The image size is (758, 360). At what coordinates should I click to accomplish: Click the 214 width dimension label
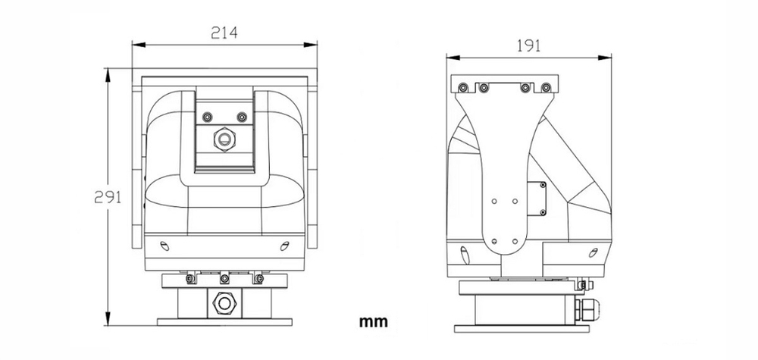point(224,33)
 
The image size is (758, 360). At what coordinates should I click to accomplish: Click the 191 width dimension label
point(528,45)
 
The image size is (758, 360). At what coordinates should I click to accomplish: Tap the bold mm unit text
point(373,321)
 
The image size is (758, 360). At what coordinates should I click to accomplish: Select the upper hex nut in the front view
point(224,139)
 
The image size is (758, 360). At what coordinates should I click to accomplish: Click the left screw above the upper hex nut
point(206,117)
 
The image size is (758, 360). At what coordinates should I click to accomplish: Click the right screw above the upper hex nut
point(242,117)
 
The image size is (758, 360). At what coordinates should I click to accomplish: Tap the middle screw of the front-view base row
point(224,280)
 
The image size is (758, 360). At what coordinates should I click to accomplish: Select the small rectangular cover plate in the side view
point(542,199)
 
